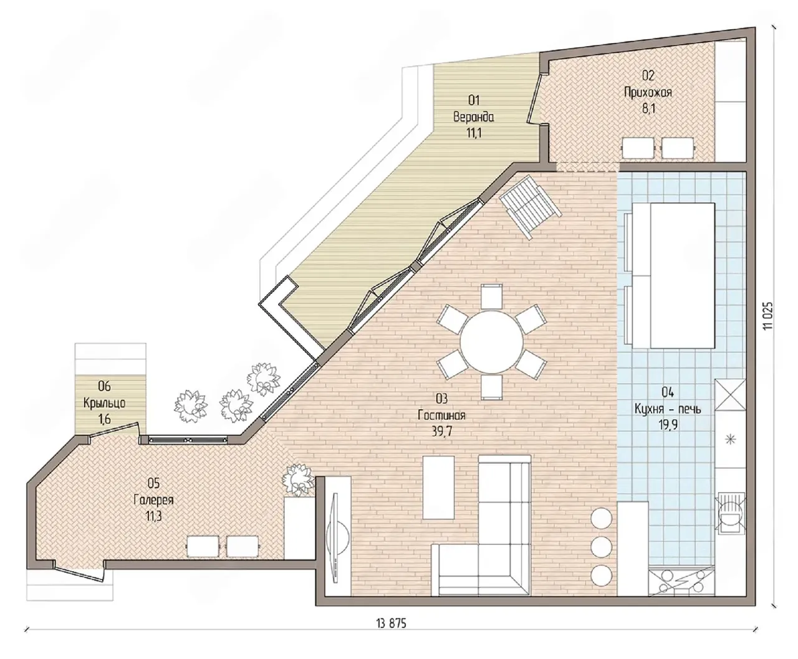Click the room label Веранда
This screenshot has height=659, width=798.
(473, 116)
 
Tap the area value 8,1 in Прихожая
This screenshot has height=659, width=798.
(648, 109)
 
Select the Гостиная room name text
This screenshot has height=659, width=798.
(441, 415)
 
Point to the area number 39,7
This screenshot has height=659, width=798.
(442, 432)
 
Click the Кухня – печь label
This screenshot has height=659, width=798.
(668, 409)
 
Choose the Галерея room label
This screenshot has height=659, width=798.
(153, 500)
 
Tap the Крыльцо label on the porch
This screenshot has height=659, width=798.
(104, 403)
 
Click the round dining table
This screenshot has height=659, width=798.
(491, 342)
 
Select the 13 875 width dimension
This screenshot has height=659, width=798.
(392, 624)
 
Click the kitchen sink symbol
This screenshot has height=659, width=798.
(730, 513)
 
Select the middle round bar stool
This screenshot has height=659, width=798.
(601, 546)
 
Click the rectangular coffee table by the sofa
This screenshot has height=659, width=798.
(438, 488)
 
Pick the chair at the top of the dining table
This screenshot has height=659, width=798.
(491, 296)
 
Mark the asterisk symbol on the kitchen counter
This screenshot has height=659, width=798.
(730, 440)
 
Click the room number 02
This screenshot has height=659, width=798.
(648, 75)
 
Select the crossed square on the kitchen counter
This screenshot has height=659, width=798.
(730, 394)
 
